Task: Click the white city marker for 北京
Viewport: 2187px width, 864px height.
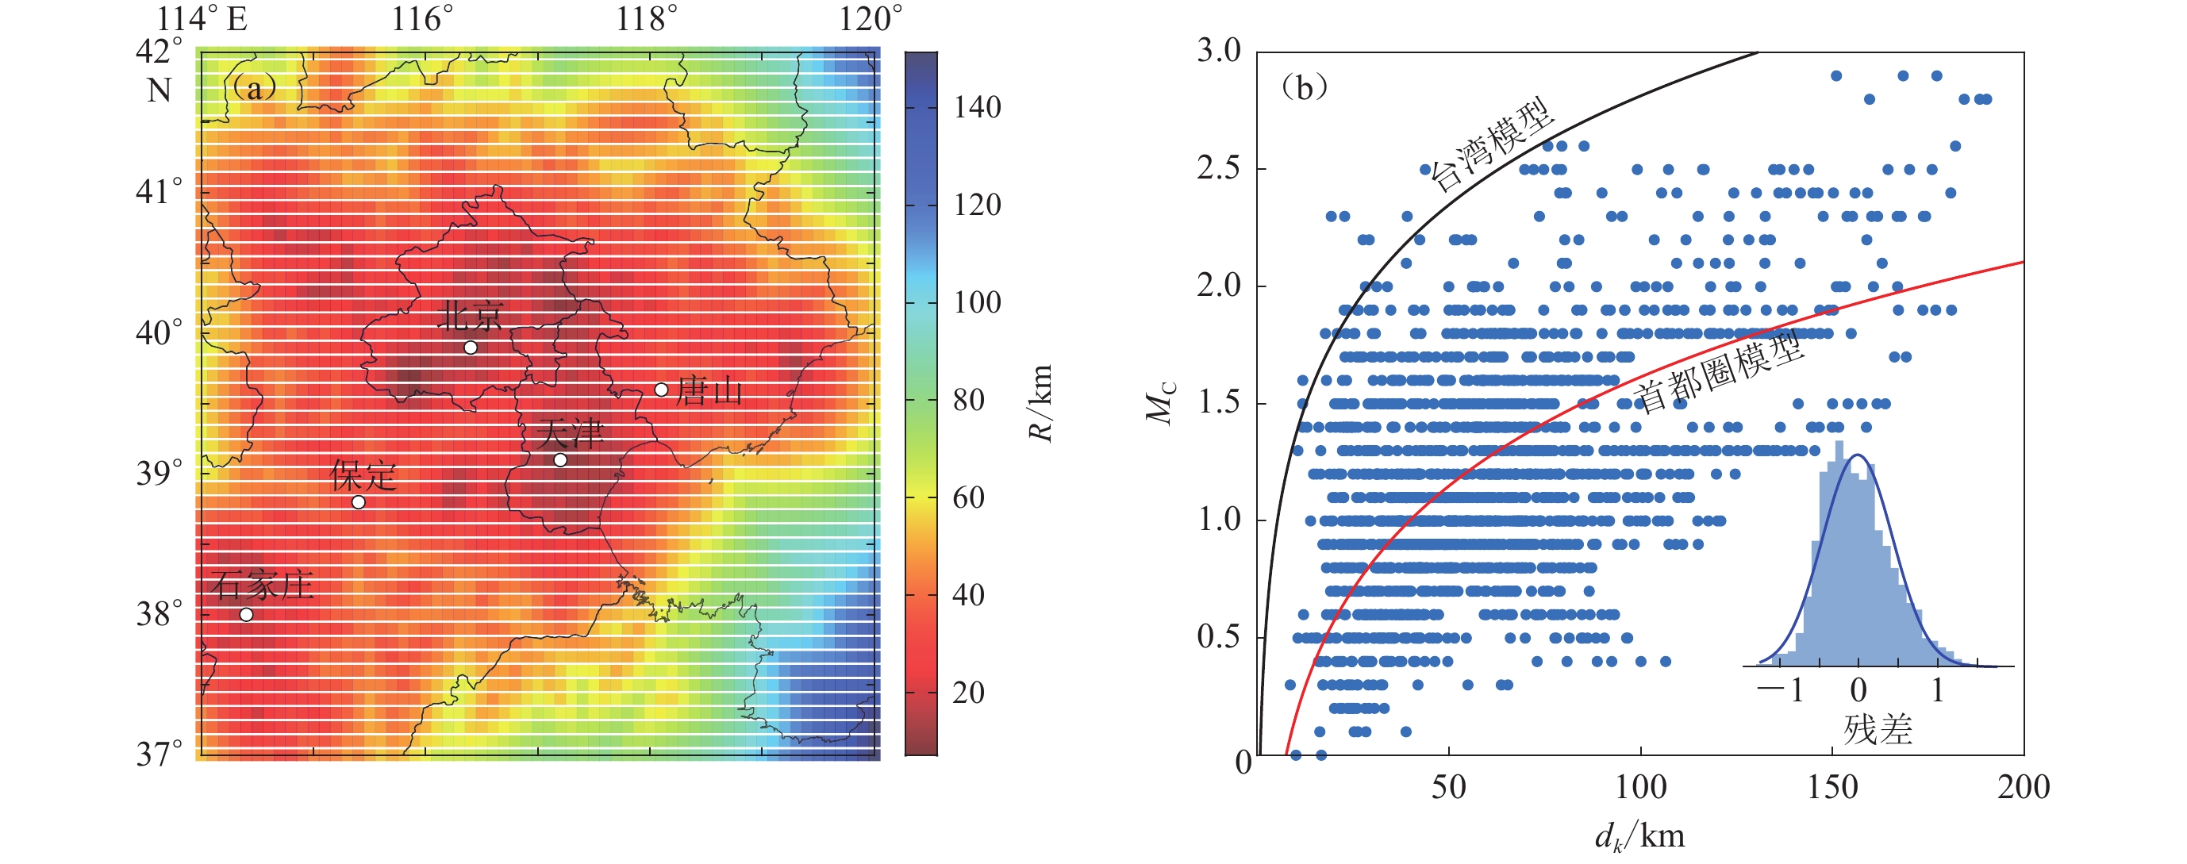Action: point(471,348)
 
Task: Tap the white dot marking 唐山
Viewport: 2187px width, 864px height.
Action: point(661,390)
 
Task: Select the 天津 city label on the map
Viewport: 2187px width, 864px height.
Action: point(570,435)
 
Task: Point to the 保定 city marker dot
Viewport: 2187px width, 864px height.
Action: point(358,502)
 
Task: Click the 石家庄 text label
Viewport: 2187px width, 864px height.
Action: point(263,585)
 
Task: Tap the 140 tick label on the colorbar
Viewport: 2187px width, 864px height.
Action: point(976,108)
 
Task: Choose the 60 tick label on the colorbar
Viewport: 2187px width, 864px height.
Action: point(968,497)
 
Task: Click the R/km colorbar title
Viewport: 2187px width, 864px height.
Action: point(1041,403)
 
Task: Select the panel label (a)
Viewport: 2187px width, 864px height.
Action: point(253,87)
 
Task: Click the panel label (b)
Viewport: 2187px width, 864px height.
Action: point(1304,87)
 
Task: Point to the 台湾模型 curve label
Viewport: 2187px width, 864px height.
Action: point(1491,146)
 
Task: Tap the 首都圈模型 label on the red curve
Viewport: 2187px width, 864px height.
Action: point(1718,374)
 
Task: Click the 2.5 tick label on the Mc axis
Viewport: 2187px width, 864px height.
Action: point(1219,169)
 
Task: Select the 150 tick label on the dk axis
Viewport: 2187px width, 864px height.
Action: point(1832,788)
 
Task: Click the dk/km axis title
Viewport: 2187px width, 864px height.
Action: point(1639,837)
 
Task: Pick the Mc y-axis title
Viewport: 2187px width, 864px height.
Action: point(1161,403)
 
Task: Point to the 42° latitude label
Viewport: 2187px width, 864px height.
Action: point(159,51)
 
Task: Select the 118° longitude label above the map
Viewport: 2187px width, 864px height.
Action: point(647,19)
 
